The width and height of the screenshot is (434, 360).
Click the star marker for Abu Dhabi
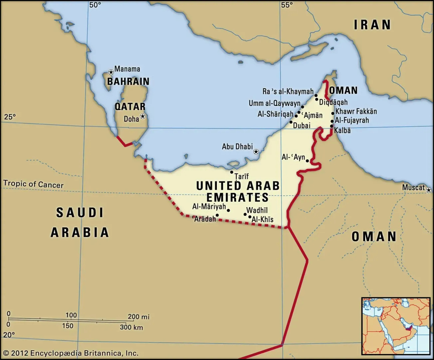tap(256, 152)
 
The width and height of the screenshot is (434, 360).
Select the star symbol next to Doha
tap(143, 116)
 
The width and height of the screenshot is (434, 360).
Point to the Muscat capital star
tap(429, 190)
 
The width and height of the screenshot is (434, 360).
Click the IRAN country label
tap(372, 25)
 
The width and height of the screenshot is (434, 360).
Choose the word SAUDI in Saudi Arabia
tap(80, 212)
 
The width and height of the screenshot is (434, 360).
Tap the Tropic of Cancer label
tap(33, 184)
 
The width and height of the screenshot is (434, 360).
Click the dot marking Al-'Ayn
tap(308, 161)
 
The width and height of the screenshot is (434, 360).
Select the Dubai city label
tap(302, 126)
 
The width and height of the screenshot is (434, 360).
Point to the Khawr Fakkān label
tap(356, 111)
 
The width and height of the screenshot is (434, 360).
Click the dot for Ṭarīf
tap(232, 172)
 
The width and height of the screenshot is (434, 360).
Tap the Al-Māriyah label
tap(209, 207)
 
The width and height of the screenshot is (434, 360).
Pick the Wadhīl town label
tap(257, 210)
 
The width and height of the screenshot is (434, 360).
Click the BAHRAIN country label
tap(128, 82)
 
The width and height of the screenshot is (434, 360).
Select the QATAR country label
tap(130, 107)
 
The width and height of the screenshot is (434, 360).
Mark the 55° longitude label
tap(287, 5)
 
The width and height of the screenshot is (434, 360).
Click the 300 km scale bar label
tap(131, 327)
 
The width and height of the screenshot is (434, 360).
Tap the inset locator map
tap(396, 326)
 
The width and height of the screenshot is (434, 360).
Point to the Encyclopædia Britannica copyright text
tap(71, 353)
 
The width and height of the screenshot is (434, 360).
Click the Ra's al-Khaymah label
tap(288, 91)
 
